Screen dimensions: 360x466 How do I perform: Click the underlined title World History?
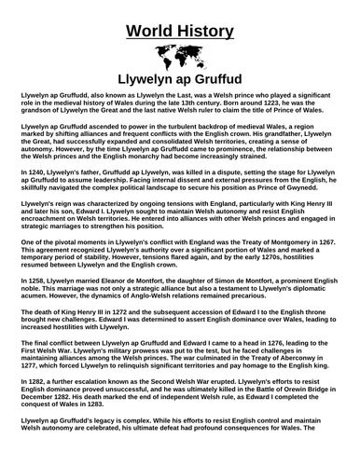(x=179, y=21)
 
